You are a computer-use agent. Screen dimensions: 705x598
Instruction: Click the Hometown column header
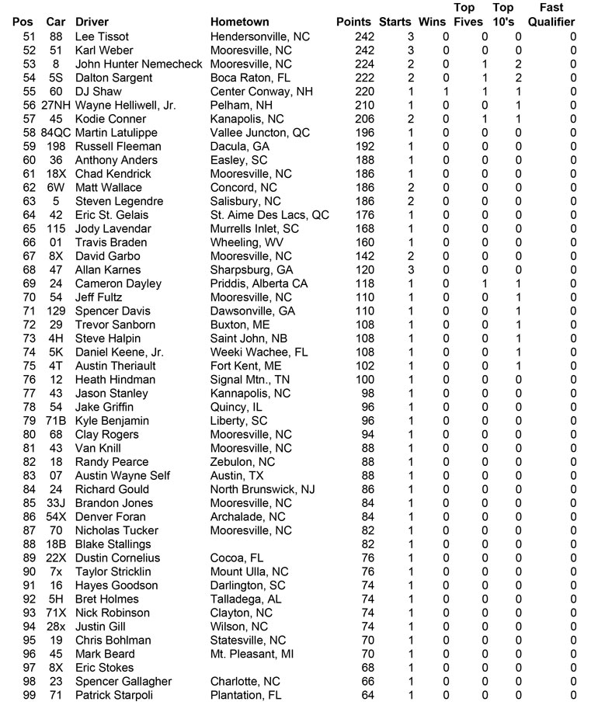pyautogui.click(x=239, y=23)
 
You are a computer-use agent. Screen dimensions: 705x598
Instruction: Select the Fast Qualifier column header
pyautogui.click(x=551, y=16)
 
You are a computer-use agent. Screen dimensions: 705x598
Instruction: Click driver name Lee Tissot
pyautogui.click(x=102, y=36)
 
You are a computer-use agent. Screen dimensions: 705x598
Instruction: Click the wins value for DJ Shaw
pyautogui.click(x=445, y=92)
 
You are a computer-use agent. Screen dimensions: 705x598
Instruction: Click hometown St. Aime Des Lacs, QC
pyautogui.click(x=269, y=215)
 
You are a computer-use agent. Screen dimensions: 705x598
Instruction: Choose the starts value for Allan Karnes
pyautogui.click(x=411, y=270)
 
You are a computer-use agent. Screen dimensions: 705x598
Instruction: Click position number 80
pyautogui.click(x=30, y=435)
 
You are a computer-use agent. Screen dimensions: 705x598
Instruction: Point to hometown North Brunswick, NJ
pyautogui.click(x=262, y=489)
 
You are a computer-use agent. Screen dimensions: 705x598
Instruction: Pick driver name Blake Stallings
pyautogui.click(x=113, y=544)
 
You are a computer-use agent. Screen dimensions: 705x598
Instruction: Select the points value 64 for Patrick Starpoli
pyautogui.click(x=367, y=695)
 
